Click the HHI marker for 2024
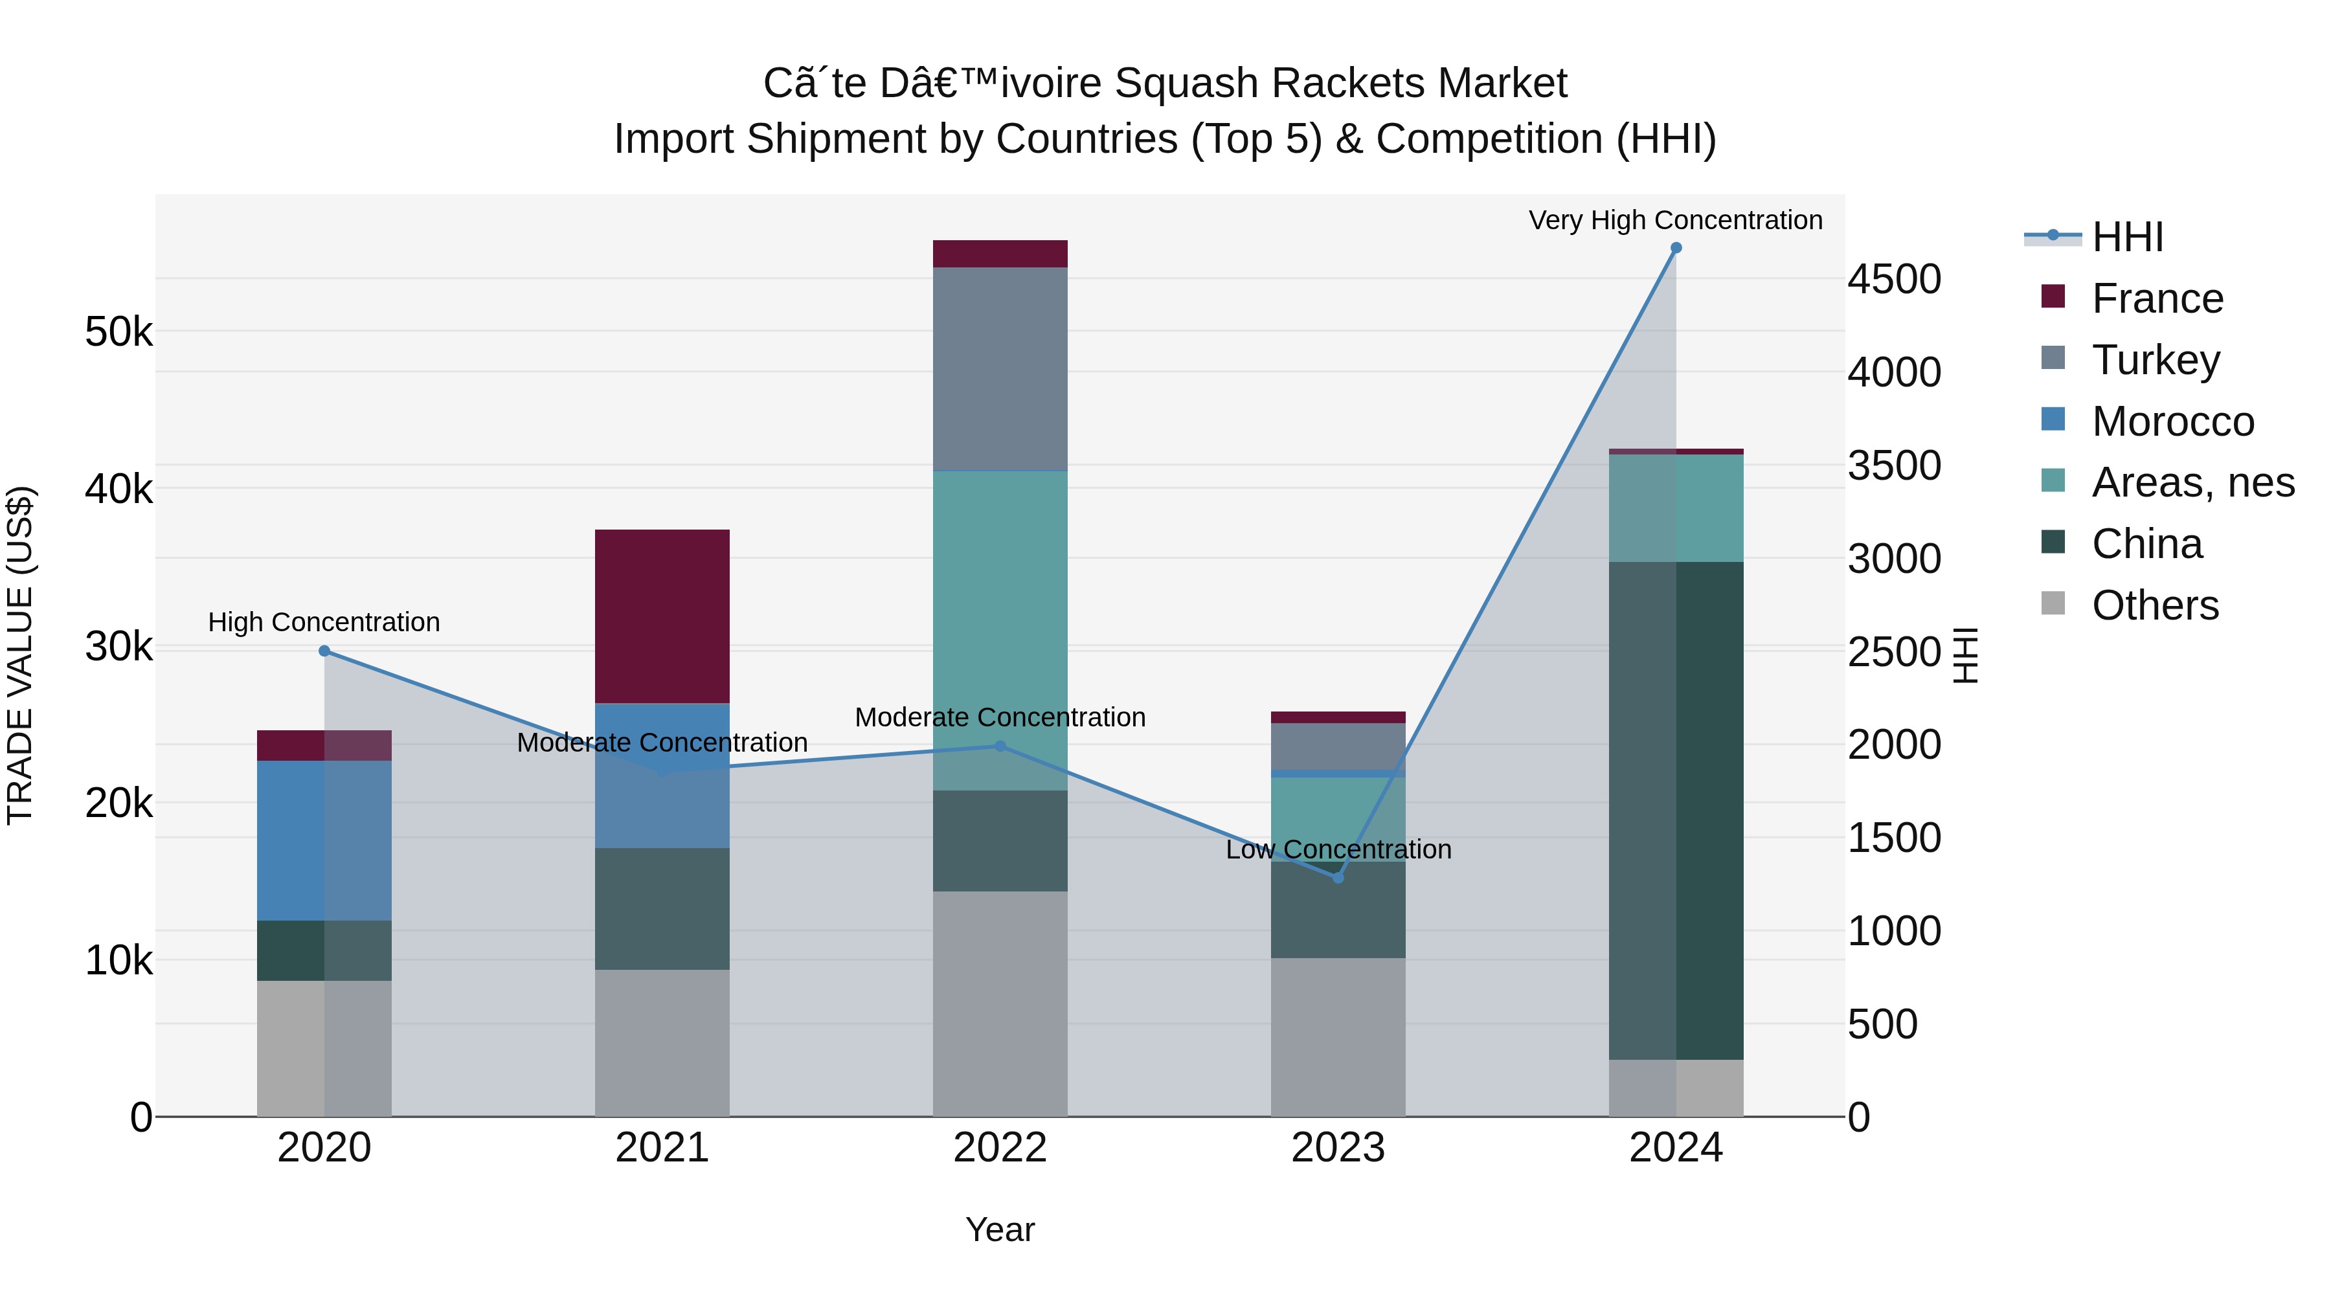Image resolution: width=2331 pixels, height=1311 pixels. [x=1676, y=248]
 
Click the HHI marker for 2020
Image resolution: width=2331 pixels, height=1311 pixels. [x=324, y=651]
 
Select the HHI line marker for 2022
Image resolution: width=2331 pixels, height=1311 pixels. [x=1000, y=746]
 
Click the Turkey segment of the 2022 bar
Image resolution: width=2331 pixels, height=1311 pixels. [x=1000, y=368]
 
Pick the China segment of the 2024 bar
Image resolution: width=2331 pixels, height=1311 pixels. [x=1676, y=810]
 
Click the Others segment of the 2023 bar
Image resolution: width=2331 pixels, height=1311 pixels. [x=1338, y=1037]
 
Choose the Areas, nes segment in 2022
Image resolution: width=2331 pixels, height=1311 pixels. [x=1000, y=631]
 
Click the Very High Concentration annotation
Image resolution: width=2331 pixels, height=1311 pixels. [x=1675, y=220]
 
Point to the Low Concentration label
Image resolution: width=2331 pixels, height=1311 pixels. [x=1338, y=849]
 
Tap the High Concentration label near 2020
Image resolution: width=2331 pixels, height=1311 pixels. [x=324, y=622]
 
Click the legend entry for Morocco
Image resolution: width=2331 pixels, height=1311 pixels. [x=2172, y=421]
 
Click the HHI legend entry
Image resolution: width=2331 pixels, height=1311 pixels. [x=2126, y=237]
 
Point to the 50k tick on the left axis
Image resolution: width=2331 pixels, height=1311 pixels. [x=118, y=332]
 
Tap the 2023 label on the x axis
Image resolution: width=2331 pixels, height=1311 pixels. [x=1338, y=1148]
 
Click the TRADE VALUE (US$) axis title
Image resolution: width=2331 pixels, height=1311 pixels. [x=20, y=655]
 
